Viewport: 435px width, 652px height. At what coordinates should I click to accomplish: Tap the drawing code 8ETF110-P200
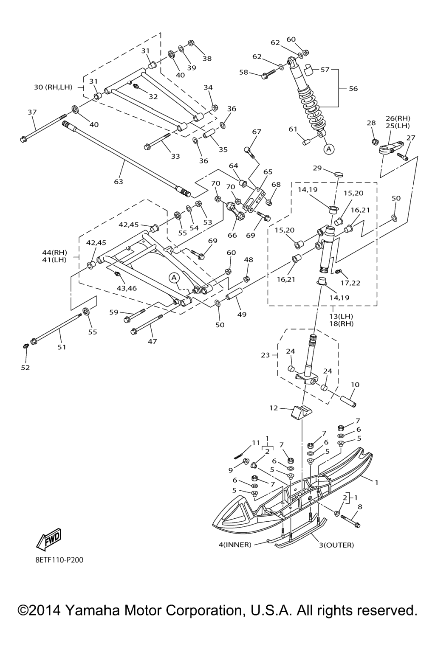pos(59,560)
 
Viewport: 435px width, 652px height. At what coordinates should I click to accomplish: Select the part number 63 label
pos(118,182)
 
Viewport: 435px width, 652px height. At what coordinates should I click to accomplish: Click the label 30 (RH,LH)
pos(53,87)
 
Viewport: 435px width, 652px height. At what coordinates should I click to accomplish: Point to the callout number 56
pos(353,89)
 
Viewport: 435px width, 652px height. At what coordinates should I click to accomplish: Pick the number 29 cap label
pos(317,168)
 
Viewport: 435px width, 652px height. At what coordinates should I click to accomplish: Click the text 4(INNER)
pos(235,545)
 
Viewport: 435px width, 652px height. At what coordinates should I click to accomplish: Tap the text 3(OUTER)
pos(336,545)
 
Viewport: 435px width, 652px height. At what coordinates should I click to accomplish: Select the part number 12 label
pos(274,408)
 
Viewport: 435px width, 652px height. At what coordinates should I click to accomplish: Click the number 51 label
pos(62,347)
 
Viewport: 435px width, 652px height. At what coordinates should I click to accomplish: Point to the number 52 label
pos(25,368)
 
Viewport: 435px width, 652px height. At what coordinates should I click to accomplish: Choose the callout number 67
pos(257,132)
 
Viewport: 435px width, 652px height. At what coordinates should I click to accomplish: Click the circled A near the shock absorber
pos(329,149)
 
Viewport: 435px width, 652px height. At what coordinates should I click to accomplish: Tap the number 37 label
pos(32,112)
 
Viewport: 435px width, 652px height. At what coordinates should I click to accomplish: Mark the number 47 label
pos(152,341)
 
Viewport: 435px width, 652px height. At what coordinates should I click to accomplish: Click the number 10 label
pos(355,385)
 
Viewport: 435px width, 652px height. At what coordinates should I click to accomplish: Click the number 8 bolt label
pos(360,506)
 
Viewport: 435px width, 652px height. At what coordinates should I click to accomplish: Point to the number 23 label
pos(266,355)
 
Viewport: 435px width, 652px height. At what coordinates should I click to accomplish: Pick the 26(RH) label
pos(398,118)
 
